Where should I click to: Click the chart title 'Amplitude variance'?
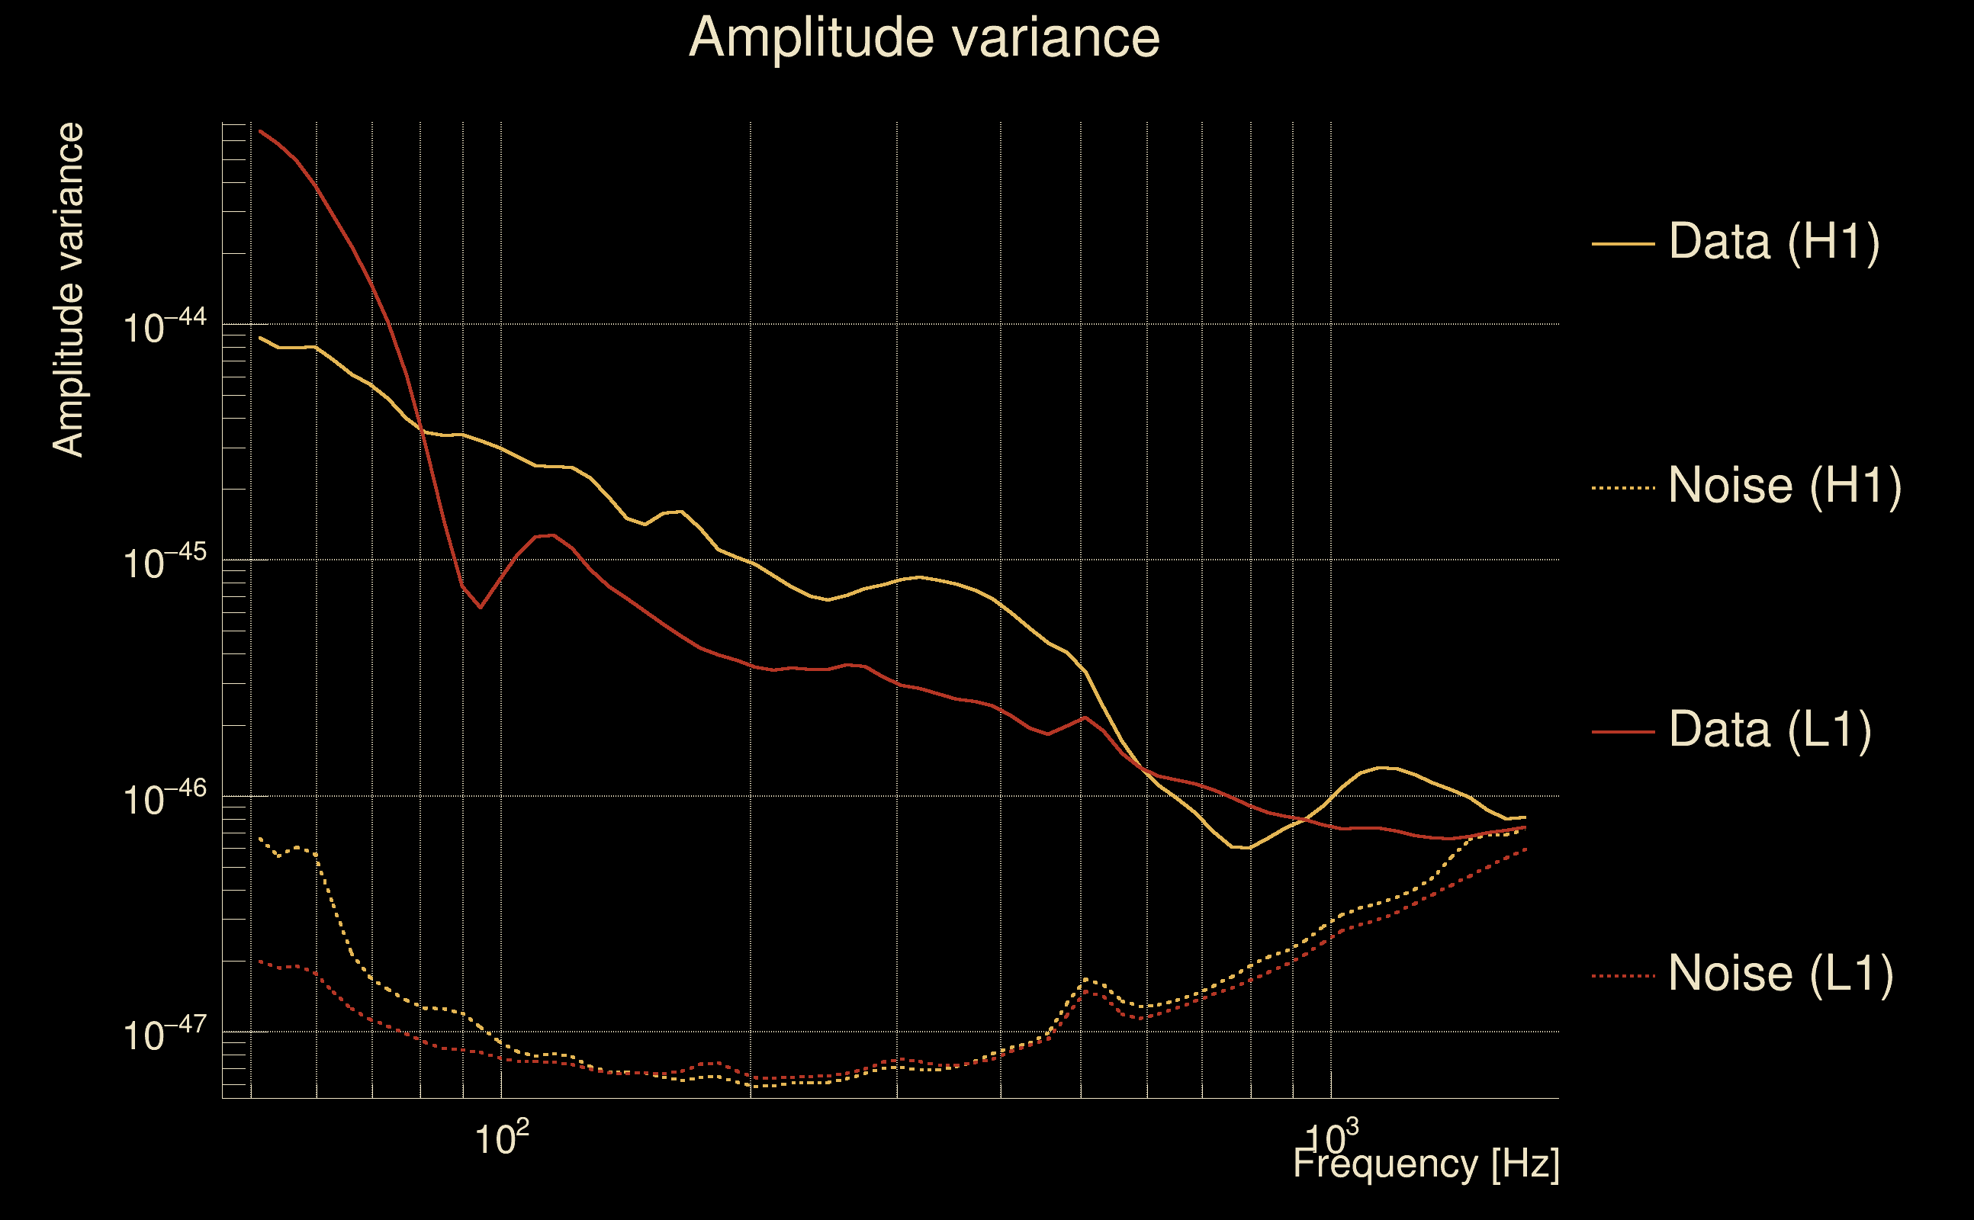tap(924, 38)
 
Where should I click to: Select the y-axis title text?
tap(68, 291)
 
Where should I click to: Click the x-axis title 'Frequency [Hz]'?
tap(1426, 1164)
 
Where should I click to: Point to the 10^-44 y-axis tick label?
tap(165, 326)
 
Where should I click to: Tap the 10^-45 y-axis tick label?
tap(165, 562)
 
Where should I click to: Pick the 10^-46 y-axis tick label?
tap(165, 798)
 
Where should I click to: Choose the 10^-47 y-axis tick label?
tap(165, 1034)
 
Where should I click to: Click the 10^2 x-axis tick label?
tap(502, 1138)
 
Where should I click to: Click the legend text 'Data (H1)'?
tap(1774, 241)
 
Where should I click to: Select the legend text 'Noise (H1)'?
tap(1784, 486)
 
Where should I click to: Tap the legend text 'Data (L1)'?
tap(1770, 730)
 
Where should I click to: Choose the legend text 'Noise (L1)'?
tap(1780, 974)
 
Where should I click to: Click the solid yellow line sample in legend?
tap(1623, 243)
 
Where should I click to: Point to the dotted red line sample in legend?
tap(1623, 976)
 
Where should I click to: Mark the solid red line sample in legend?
tap(1623, 732)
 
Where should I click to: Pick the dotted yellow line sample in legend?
tap(1623, 488)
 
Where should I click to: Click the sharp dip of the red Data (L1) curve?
tap(481, 607)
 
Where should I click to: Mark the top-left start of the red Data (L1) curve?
tap(260, 131)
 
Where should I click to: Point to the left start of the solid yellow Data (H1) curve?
tap(260, 338)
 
